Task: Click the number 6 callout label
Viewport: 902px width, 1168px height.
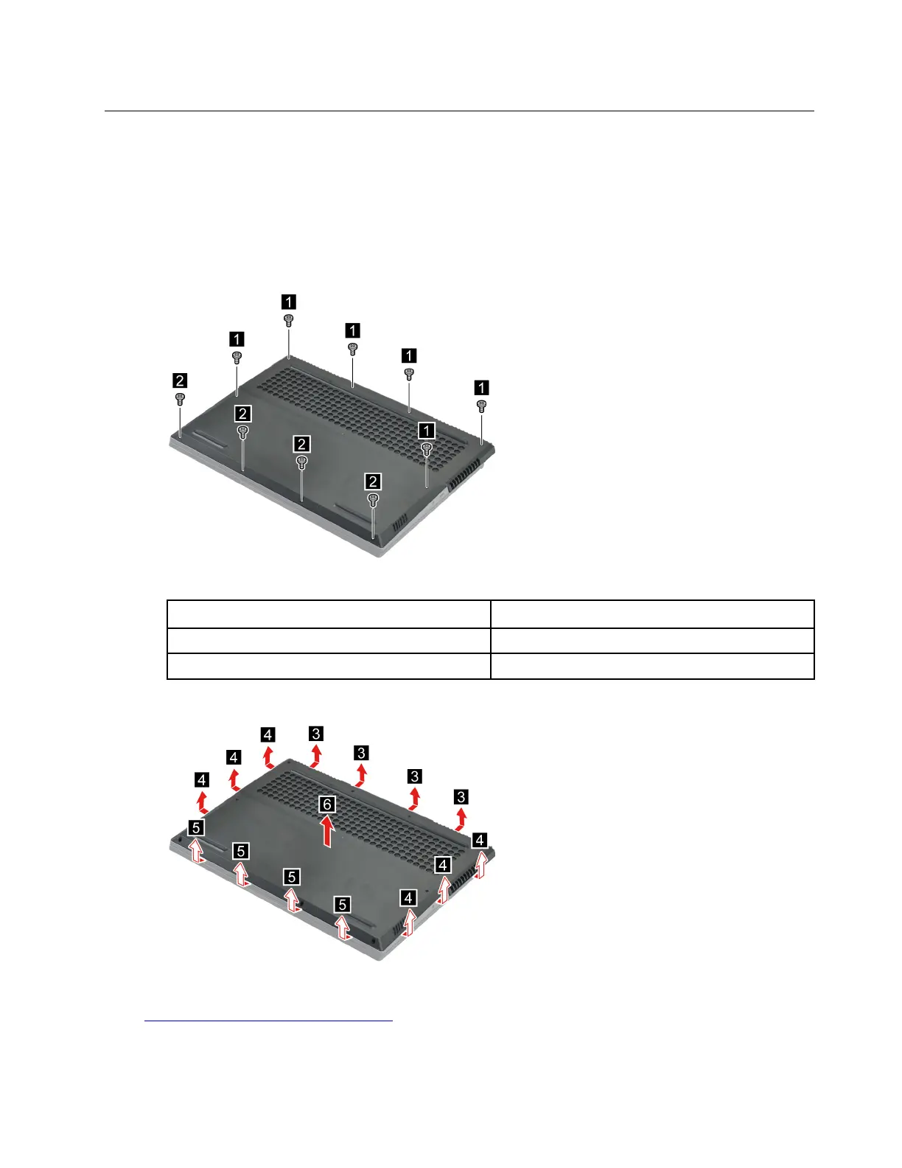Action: tap(326, 804)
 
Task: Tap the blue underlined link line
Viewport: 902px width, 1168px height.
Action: tap(269, 1021)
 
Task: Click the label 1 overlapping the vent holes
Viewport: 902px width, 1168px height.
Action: tap(427, 430)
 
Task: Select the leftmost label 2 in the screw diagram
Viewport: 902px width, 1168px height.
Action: tap(180, 380)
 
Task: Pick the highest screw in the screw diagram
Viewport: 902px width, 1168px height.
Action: tap(288, 321)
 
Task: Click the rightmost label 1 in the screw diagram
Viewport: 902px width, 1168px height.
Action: tap(481, 388)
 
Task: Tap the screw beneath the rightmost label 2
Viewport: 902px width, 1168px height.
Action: tap(373, 501)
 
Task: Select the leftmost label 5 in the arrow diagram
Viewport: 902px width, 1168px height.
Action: tap(197, 828)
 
